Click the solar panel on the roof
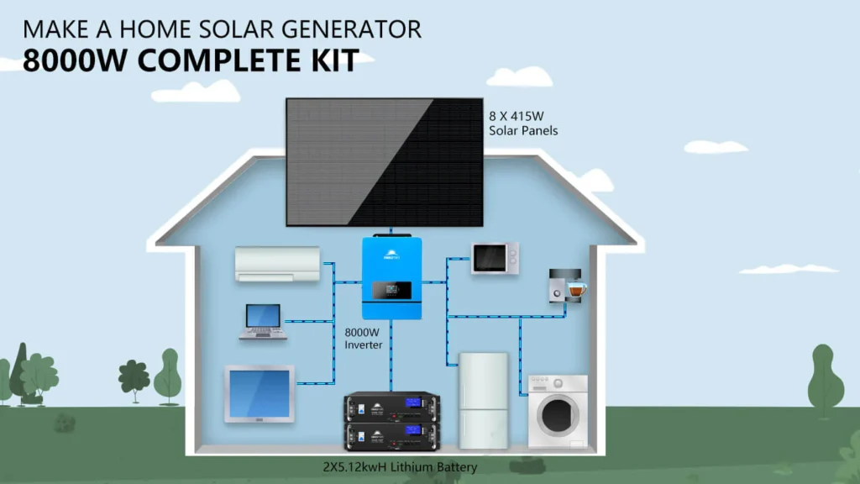pos(384,161)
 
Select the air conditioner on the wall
pos(277,264)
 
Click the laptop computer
pos(262,322)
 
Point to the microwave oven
pos(495,258)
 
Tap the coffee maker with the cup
pos(565,285)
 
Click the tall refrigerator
pos(483,400)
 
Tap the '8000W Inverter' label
pos(364,339)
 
